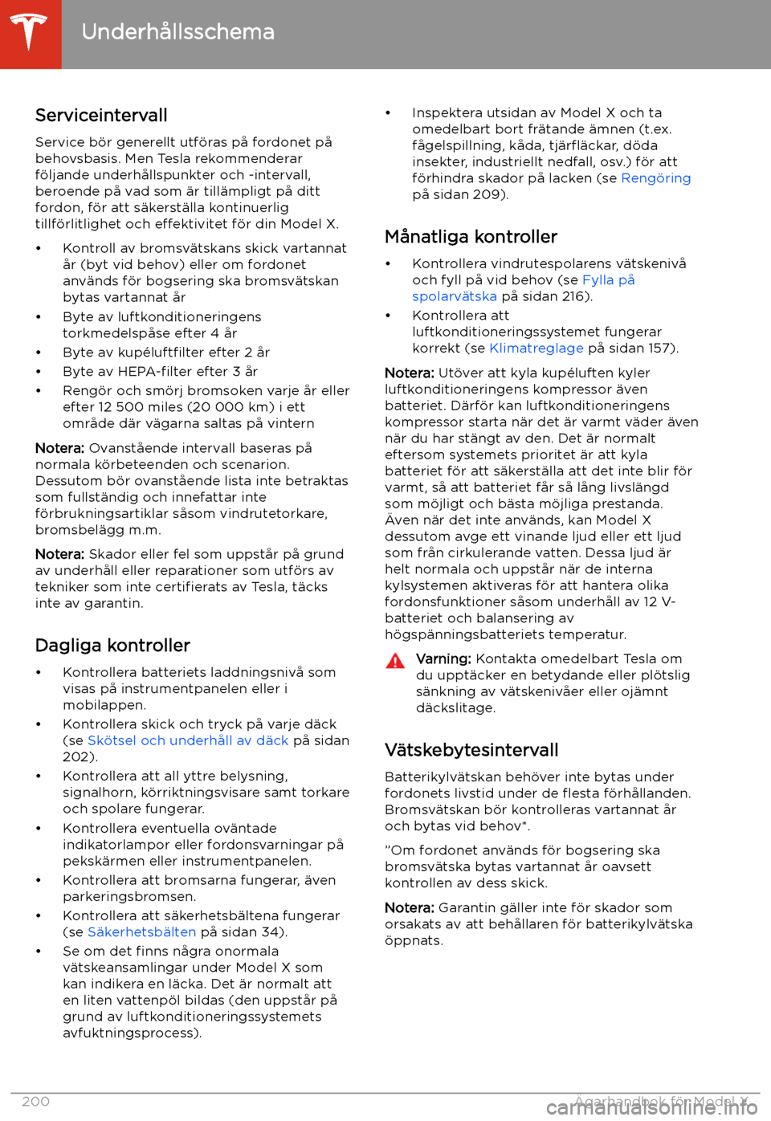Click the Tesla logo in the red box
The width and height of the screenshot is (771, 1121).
(x=30, y=33)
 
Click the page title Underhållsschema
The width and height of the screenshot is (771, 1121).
(x=177, y=32)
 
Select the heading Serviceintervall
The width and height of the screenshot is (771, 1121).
(x=101, y=116)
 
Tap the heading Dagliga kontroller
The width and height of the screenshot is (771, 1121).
(x=112, y=646)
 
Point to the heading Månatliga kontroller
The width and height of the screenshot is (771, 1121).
(x=471, y=237)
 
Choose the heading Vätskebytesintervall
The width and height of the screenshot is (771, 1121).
(x=471, y=750)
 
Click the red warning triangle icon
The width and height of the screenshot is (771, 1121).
(x=395, y=662)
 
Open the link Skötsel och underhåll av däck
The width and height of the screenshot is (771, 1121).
(x=187, y=740)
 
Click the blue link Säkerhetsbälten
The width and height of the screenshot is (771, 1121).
(x=141, y=931)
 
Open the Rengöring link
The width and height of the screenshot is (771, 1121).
(x=655, y=178)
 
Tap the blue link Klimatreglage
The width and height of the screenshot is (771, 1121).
(x=536, y=348)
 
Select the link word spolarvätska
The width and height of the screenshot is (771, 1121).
(x=455, y=296)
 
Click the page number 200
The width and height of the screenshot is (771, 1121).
(x=36, y=1101)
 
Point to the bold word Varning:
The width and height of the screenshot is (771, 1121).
(x=443, y=658)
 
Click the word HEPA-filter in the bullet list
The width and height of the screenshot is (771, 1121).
(x=154, y=371)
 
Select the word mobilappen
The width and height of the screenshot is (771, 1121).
(x=104, y=705)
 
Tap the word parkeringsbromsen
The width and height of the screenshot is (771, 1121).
(x=128, y=896)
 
